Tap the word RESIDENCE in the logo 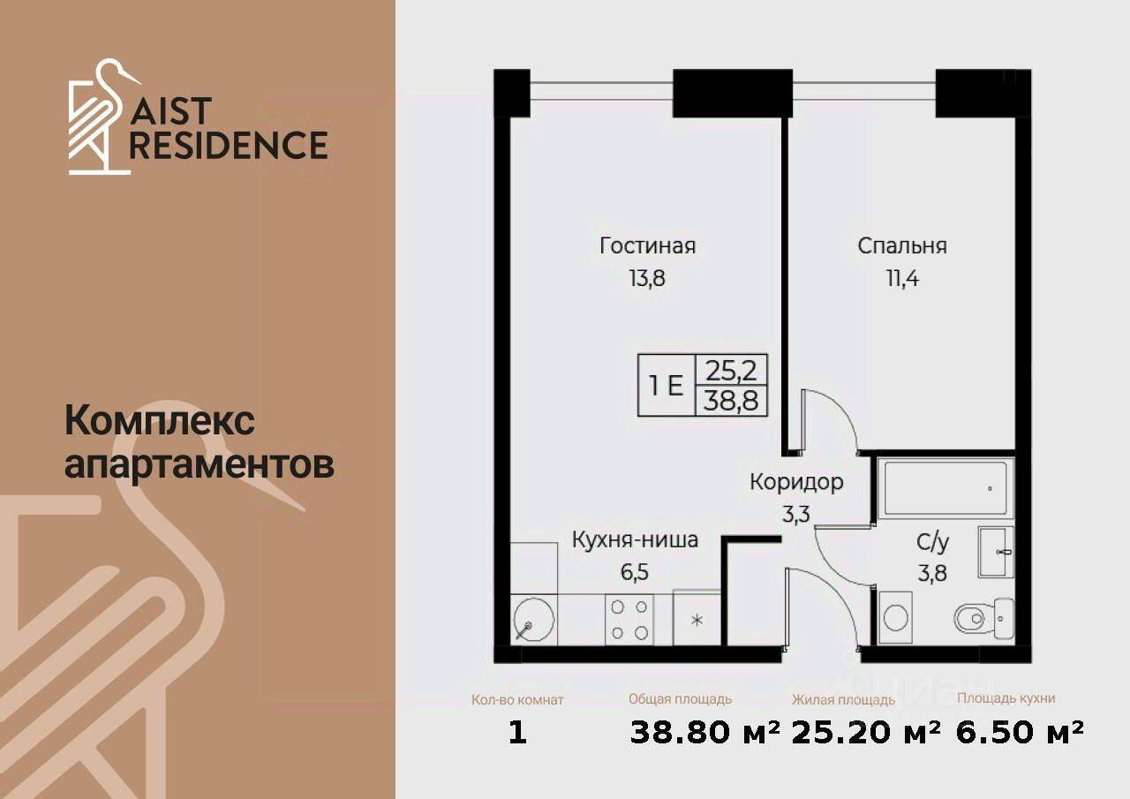pyautogui.click(x=229, y=145)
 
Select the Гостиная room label pyautogui.click(x=647, y=245)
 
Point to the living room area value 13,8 pyautogui.click(x=647, y=279)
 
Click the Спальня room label pyautogui.click(x=901, y=245)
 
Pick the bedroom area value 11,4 pyautogui.click(x=901, y=279)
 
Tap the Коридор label pyautogui.click(x=796, y=482)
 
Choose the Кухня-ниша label pyautogui.click(x=635, y=539)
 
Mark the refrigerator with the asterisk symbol pyautogui.click(x=697, y=619)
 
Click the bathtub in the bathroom pyautogui.click(x=945, y=487)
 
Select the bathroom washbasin pyautogui.click(x=996, y=552)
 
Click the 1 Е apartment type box pyautogui.click(x=667, y=386)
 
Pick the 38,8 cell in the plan pyautogui.click(x=732, y=402)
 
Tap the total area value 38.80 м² pyautogui.click(x=705, y=732)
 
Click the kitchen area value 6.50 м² pyautogui.click(x=1020, y=732)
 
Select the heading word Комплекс pyautogui.click(x=160, y=421)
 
